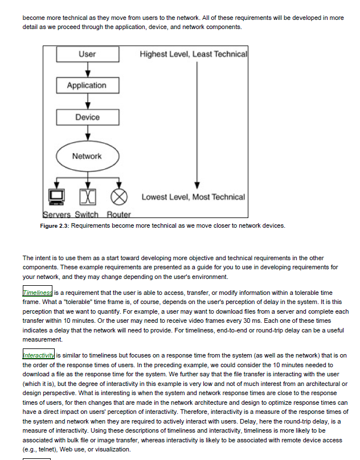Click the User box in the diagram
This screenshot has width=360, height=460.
pos(87,54)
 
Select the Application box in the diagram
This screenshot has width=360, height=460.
pos(87,85)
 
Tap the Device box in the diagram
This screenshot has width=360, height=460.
pos(87,117)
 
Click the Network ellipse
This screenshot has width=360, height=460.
pos(87,156)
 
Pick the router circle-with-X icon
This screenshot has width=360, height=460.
pos(118,196)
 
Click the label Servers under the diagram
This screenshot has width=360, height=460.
pos(56,215)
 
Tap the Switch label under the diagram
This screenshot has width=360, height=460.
pos(87,215)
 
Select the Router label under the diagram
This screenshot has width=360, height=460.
pos(118,215)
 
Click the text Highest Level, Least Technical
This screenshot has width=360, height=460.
pos(193,54)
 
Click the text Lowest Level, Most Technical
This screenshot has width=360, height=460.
pos(193,197)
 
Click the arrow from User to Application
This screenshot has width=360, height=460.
pos(87,69)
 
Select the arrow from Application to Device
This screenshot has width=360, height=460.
pos(87,101)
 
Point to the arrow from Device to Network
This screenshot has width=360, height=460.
pos(87,133)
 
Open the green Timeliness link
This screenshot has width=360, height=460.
pos(38,292)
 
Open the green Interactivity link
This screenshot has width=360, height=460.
pos(39,355)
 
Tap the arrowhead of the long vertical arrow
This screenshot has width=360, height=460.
pos(197,185)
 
